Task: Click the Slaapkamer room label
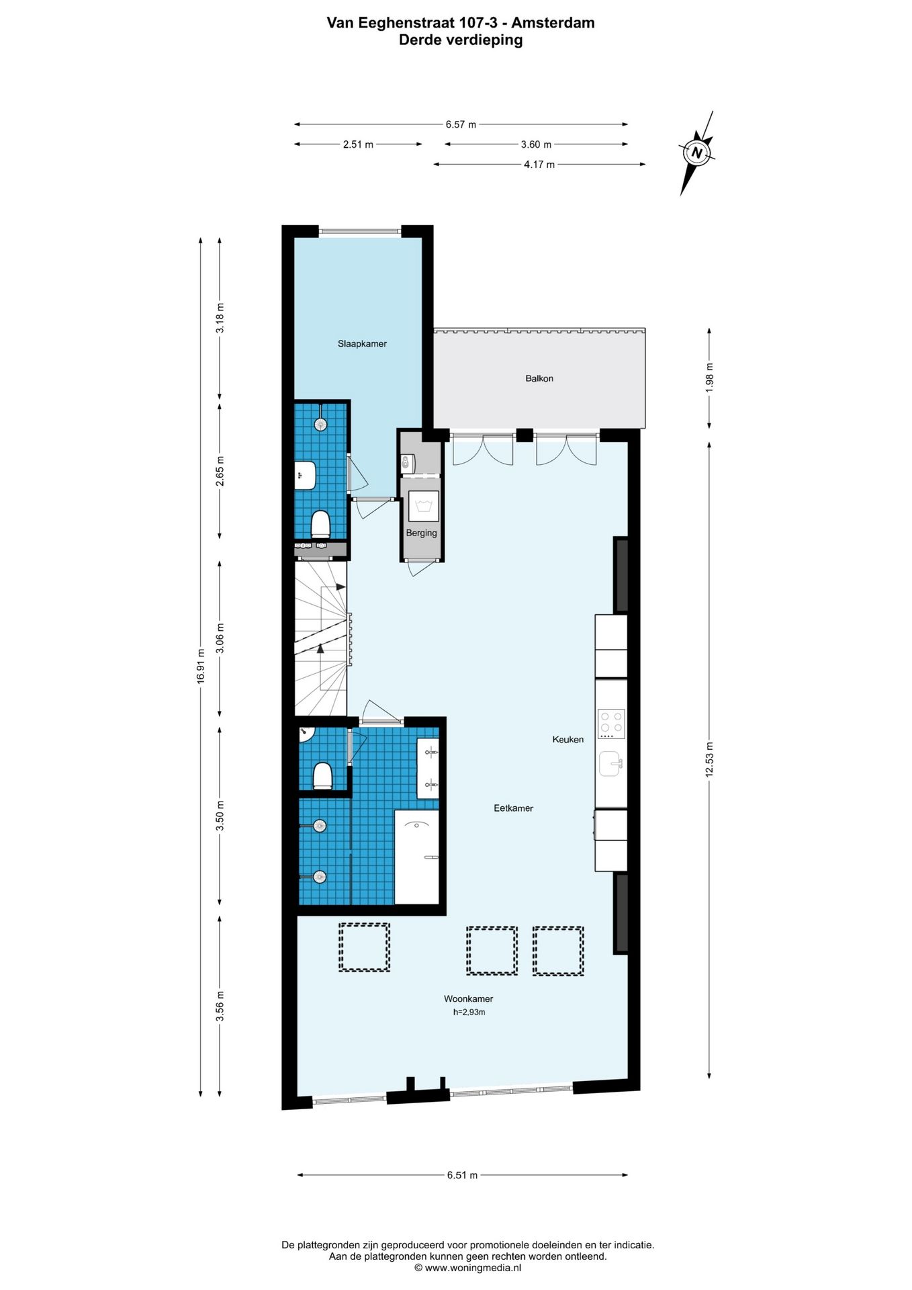pos(362,343)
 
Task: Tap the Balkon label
pos(539,378)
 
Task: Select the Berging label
pos(421,533)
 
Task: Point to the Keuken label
pos(567,739)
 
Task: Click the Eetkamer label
pos(513,808)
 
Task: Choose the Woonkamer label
pos(468,998)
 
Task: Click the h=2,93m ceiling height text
pos(469,1012)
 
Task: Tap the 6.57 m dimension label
pos(461,124)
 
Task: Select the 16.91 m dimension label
pos(200,666)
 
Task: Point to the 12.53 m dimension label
pos(709,759)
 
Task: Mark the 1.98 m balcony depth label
pos(709,378)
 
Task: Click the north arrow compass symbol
pos(697,153)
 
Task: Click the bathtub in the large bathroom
pos(416,857)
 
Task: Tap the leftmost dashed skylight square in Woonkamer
pos(364,947)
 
